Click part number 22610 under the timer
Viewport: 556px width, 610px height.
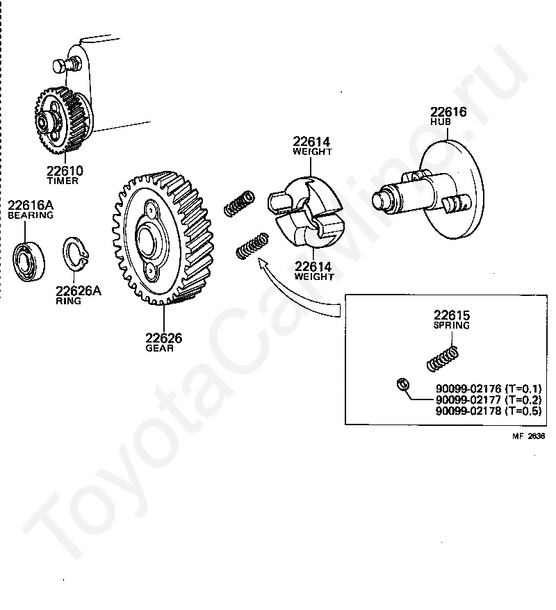(x=64, y=171)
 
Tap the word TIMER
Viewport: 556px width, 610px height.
(x=63, y=181)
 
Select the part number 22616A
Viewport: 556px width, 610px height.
(x=30, y=205)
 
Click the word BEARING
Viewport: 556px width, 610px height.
(x=30, y=215)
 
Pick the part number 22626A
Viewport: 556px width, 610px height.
(x=78, y=291)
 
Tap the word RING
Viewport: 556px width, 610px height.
(x=68, y=302)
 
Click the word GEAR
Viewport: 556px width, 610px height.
(x=159, y=348)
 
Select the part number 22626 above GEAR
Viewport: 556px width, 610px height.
(x=163, y=338)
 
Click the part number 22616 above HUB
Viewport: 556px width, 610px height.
(x=448, y=112)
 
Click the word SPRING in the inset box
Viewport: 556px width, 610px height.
(x=451, y=325)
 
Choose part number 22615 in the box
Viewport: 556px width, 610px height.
(x=452, y=315)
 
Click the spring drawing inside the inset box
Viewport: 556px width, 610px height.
(x=441, y=358)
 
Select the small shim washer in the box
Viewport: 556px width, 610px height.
(x=402, y=384)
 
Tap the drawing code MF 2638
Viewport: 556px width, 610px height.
(x=529, y=437)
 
